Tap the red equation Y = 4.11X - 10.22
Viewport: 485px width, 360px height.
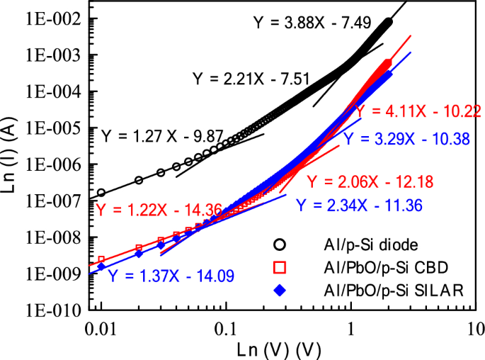[x=418, y=111]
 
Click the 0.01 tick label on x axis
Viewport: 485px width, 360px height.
[x=101, y=329]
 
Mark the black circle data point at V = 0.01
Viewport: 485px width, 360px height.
[x=101, y=192]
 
